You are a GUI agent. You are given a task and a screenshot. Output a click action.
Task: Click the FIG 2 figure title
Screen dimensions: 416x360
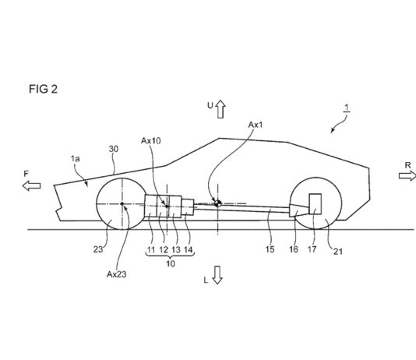(43, 89)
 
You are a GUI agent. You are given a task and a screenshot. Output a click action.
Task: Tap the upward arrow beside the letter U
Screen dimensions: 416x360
(220, 109)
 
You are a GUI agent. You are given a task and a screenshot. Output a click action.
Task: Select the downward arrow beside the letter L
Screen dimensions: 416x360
(217, 275)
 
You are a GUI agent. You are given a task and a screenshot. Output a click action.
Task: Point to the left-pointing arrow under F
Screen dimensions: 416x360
(32, 185)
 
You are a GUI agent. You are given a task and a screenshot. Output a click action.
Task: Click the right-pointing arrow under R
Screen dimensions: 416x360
(407, 175)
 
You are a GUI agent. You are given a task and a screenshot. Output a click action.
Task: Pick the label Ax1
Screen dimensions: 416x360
(256, 125)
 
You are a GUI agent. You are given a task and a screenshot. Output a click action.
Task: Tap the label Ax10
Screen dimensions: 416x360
(150, 140)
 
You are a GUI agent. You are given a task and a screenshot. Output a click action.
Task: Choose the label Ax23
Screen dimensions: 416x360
(117, 274)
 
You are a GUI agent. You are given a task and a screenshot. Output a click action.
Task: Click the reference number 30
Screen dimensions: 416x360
(114, 149)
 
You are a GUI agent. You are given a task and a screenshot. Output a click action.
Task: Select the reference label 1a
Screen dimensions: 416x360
(75, 159)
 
